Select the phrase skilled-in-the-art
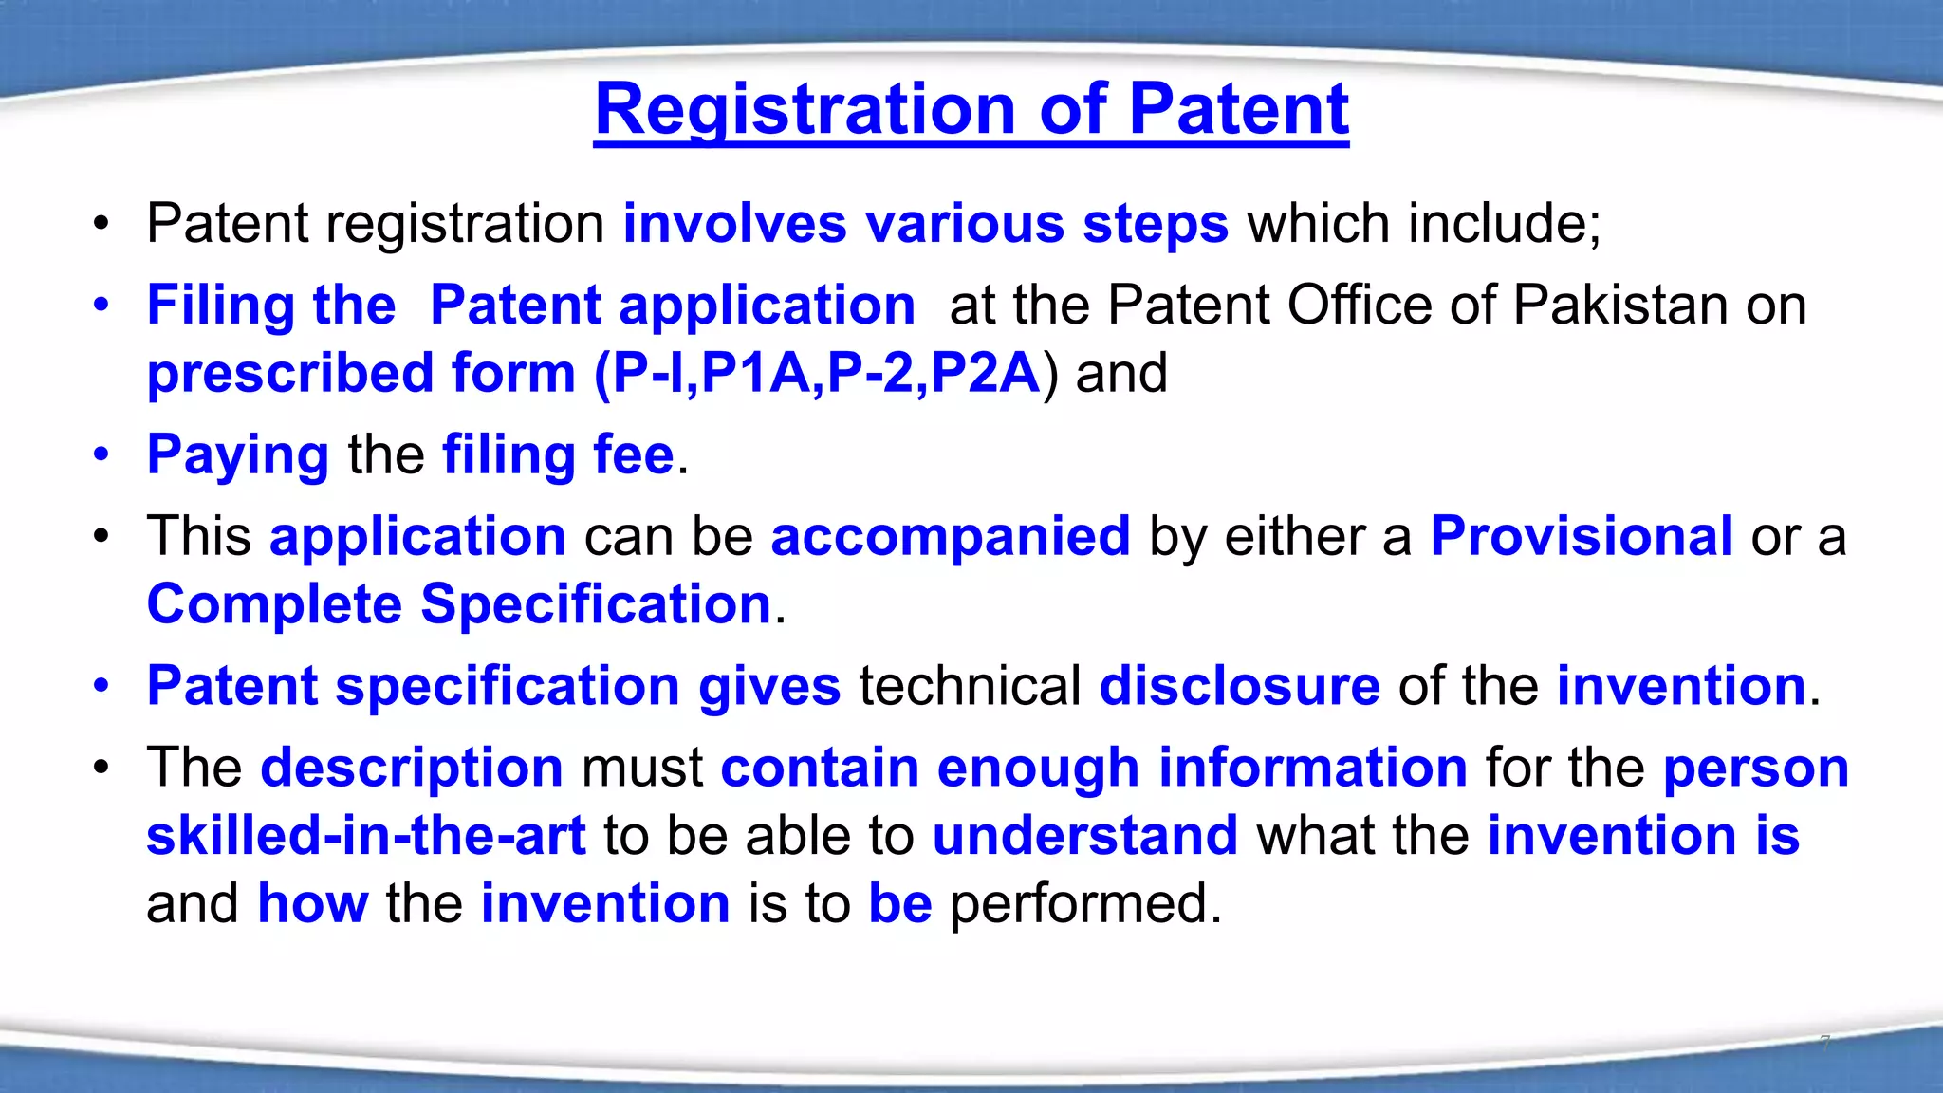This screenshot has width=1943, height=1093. pos(366,836)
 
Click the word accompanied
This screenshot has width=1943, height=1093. pos(950,537)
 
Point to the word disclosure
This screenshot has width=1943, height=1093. pos(1239,686)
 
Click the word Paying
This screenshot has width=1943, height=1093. pos(237,454)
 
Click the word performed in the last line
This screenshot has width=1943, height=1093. pos(1084,903)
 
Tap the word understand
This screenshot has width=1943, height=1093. pos(1084,836)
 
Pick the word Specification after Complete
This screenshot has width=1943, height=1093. pos(596,604)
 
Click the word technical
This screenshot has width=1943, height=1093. pos(970,686)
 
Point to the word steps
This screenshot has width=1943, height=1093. pos(1155,224)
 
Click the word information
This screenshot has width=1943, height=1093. pos(1313,768)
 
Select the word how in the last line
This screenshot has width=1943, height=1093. pos(312,903)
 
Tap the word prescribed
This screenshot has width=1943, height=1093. pos(289,373)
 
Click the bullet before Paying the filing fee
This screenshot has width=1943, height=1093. pos(102,454)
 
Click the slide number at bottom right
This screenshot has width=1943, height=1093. pos(1824,1043)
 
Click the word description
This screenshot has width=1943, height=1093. pos(411,768)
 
